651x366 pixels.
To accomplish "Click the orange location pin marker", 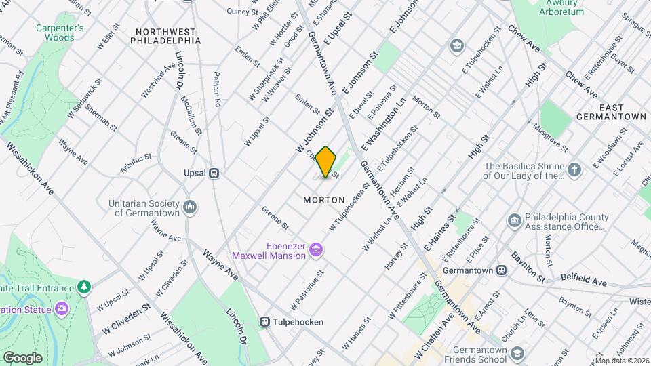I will coord(326,162).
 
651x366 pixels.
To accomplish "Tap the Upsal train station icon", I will coord(214,173).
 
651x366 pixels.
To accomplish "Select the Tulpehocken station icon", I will coord(267,322).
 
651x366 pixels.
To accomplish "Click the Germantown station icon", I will coord(501,270).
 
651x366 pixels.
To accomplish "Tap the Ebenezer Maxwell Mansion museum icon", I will coord(315,251).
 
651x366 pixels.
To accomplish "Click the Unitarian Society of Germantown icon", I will coord(190,206).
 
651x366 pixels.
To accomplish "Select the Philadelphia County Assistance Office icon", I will coord(515,220).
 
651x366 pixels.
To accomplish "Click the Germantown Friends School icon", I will coord(518,353).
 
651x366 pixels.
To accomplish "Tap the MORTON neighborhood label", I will coord(324,200).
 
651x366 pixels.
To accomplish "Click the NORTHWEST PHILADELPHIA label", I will coord(167,36).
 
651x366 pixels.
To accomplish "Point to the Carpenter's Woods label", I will coord(60,33).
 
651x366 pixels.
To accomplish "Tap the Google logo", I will coord(22,357).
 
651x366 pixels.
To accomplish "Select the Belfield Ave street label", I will coord(585,279).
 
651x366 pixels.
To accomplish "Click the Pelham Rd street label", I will coord(218,89).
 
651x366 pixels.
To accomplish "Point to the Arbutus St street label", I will coord(136,162).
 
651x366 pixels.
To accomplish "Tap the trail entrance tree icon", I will coord(84,287).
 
